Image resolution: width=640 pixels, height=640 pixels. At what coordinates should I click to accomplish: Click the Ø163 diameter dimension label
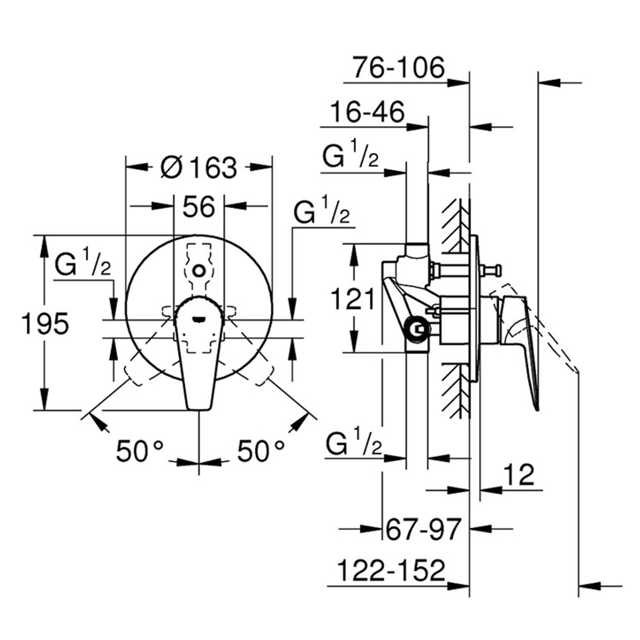198,167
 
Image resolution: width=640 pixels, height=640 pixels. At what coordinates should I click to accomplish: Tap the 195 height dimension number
45,323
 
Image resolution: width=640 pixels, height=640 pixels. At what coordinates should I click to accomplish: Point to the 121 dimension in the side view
353,299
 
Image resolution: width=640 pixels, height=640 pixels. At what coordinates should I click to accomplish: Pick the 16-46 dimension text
367,111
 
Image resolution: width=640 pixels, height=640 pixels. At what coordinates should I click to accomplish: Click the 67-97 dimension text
423,529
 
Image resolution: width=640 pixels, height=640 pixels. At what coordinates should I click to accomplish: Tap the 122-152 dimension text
392,570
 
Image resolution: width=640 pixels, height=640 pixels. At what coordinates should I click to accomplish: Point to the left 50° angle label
140,451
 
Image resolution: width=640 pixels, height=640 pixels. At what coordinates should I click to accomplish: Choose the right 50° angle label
261,451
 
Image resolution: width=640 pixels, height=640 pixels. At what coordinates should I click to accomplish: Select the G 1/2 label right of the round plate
322,210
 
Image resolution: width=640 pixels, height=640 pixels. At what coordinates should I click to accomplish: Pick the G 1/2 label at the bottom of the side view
354,441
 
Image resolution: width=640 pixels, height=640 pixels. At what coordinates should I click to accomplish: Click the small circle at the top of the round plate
199,270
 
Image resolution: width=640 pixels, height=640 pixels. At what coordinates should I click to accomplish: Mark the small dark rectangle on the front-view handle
200,318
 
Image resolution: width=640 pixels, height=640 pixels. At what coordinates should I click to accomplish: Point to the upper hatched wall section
455,226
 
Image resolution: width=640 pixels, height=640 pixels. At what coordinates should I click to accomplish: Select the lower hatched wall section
455,390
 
